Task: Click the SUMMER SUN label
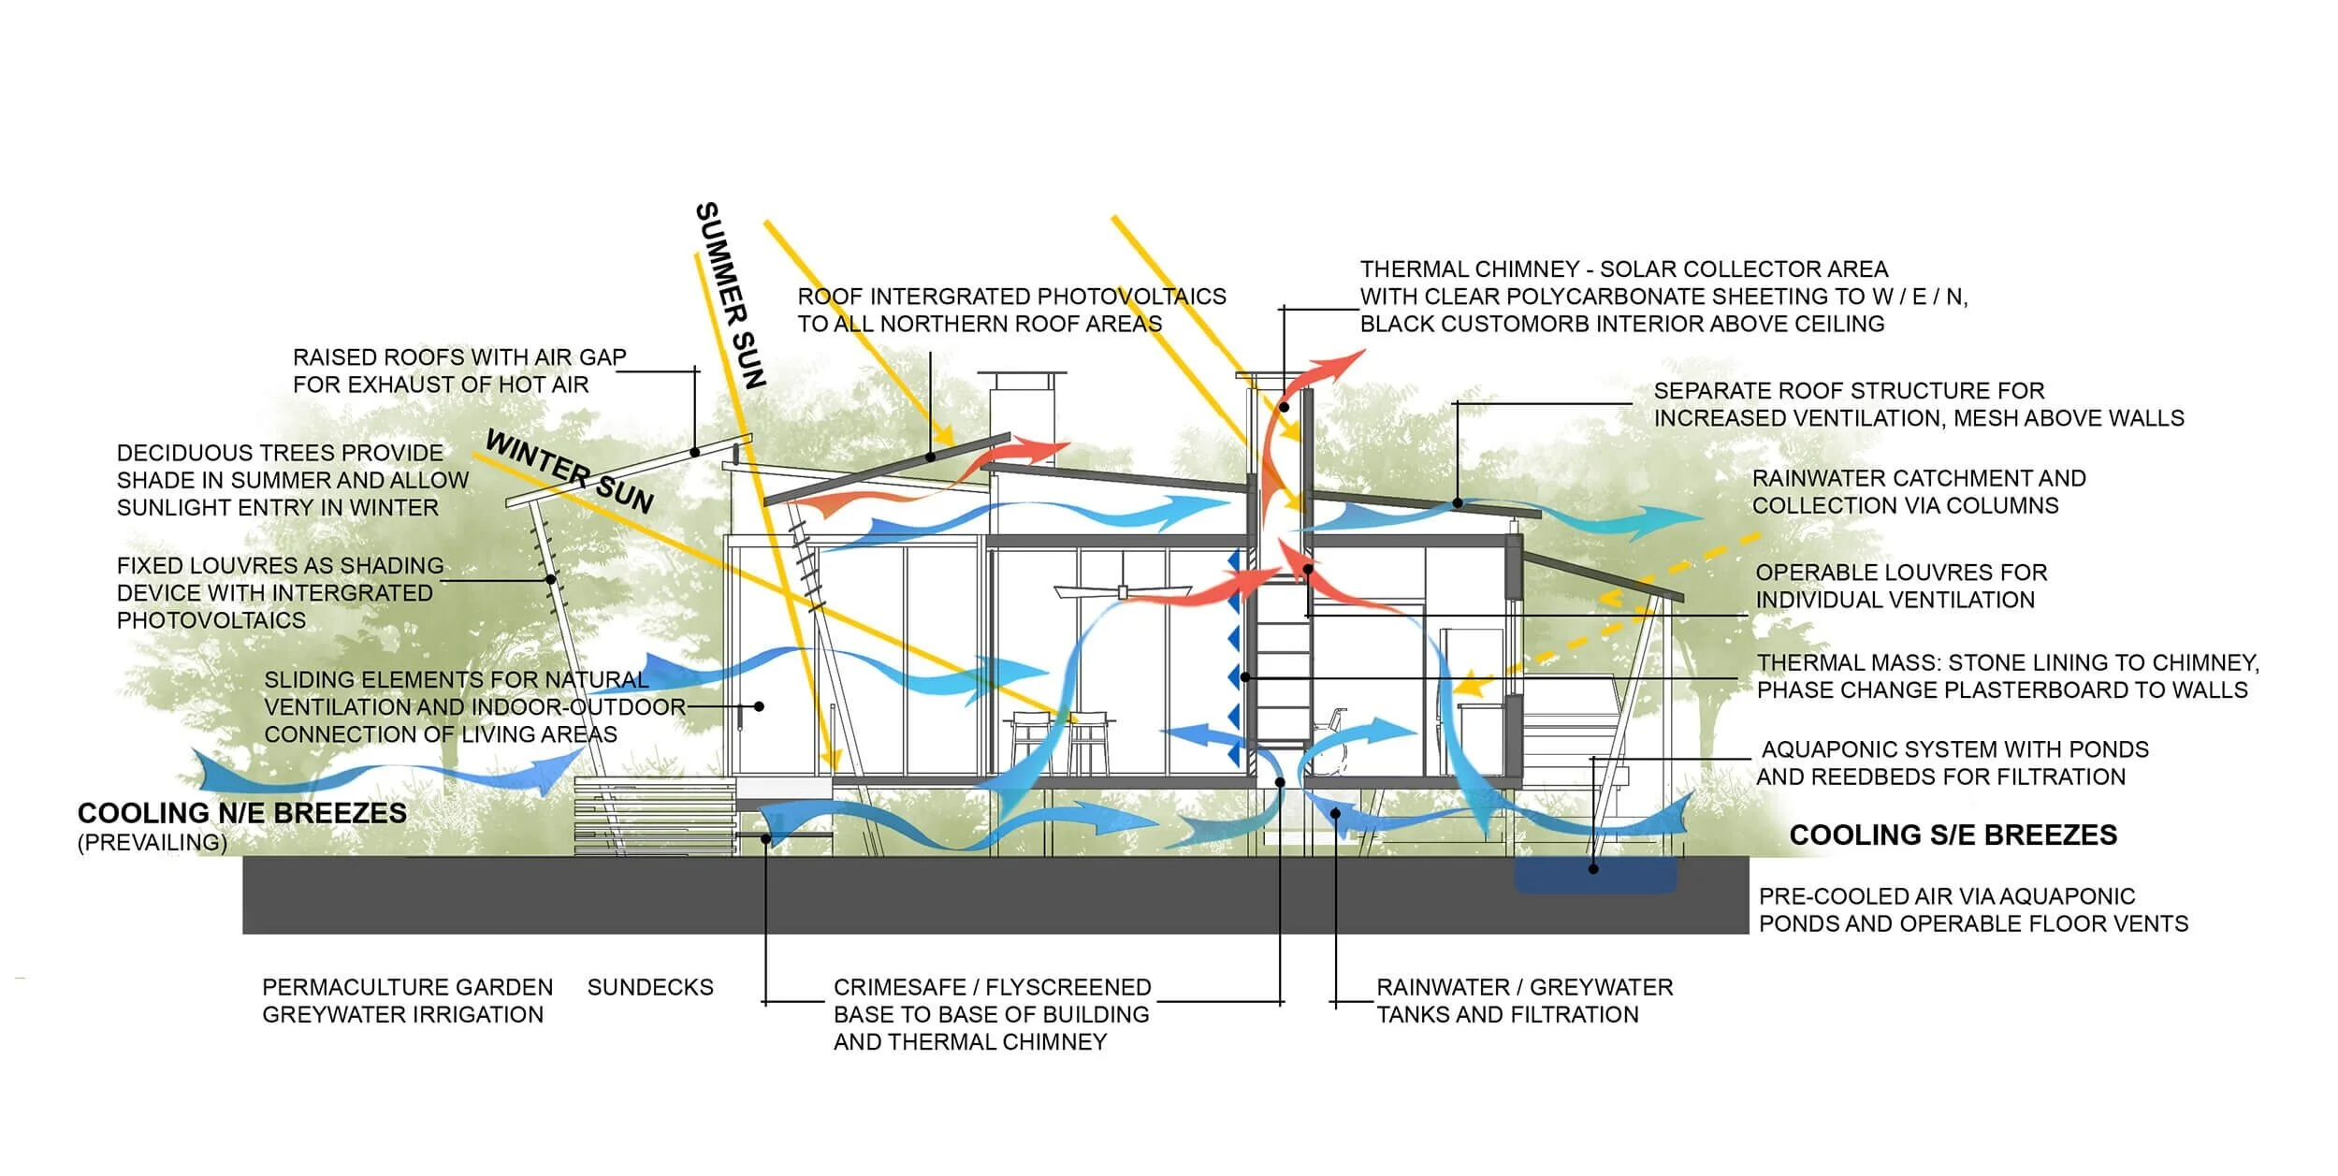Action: pyautogui.click(x=731, y=295)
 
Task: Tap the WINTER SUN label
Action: pyautogui.click(x=569, y=472)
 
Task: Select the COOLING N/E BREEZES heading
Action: pyautogui.click(x=242, y=813)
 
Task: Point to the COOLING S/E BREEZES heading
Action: pyautogui.click(x=1953, y=835)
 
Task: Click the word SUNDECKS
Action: pyautogui.click(x=650, y=987)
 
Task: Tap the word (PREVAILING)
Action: pyautogui.click(x=152, y=842)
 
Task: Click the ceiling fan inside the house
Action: pyautogui.click(x=1122, y=590)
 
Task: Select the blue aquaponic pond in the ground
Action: pyautogui.click(x=1595, y=875)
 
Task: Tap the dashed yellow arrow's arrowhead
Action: pyautogui.click(x=1471, y=685)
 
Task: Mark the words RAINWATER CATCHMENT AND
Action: pyautogui.click(x=1918, y=478)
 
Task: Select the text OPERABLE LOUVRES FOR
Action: pyautogui.click(x=1900, y=573)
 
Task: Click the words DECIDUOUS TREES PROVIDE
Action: pyautogui.click(x=280, y=453)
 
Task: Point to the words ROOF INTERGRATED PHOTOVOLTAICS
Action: pyautogui.click(x=1010, y=297)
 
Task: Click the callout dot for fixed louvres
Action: pyautogui.click(x=551, y=580)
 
